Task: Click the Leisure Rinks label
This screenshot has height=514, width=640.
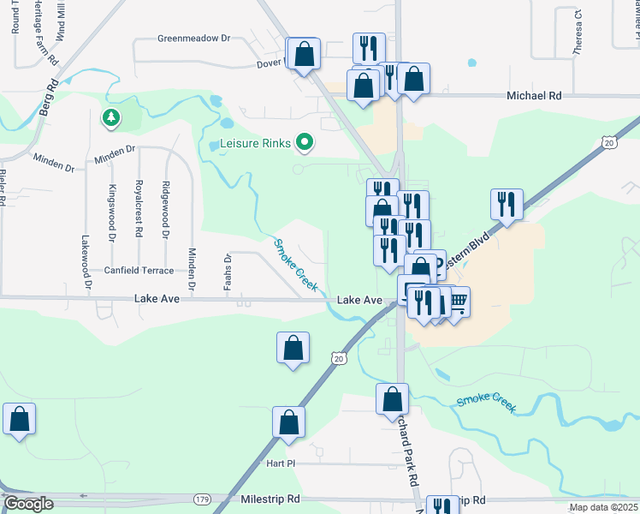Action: (256, 143)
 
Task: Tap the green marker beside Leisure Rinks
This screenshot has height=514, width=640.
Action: (304, 142)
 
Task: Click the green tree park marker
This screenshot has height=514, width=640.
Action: (110, 117)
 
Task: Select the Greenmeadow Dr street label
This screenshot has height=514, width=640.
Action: (194, 39)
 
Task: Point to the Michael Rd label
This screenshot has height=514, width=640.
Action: (533, 97)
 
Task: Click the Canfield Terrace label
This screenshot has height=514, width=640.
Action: (139, 271)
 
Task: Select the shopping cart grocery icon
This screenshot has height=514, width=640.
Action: (458, 300)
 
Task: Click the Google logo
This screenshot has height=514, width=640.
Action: (29, 505)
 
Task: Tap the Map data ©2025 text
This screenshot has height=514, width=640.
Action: (603, 507)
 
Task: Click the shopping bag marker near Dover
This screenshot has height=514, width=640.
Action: (304, 54)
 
